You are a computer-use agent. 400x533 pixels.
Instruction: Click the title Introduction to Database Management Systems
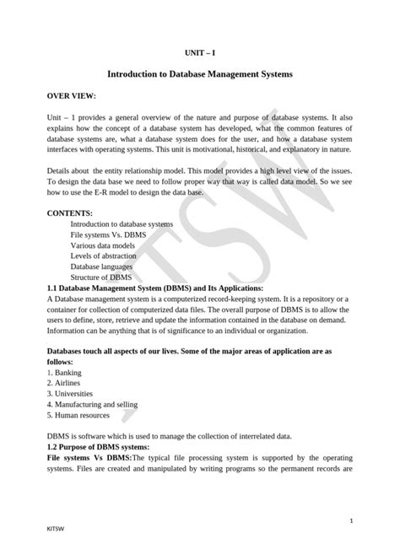tap(199, 75)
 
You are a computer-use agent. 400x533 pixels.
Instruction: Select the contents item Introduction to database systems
tap(122, 224)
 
